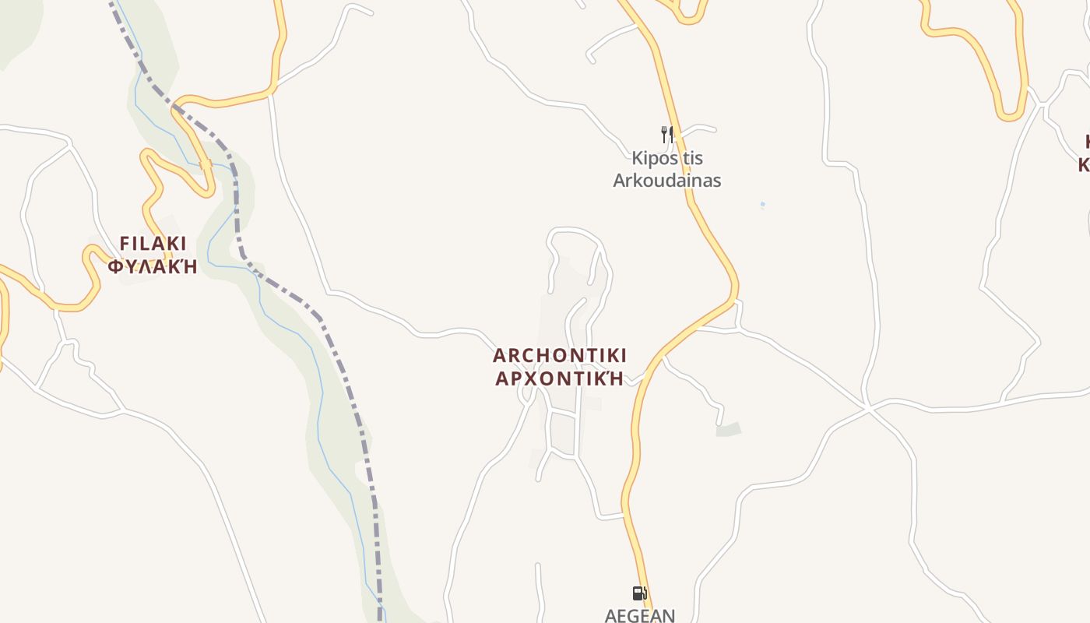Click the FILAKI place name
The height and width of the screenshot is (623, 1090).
(x=153, y=243)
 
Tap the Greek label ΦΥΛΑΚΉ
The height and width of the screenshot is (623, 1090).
(x=153, y=267)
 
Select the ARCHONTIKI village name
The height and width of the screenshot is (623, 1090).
(x=560, y=356)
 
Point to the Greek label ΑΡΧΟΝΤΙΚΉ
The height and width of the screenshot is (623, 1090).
(x=560, y=379)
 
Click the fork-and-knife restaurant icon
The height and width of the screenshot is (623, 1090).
(x=666, y=135)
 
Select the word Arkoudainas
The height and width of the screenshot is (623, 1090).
(x=667, y=181)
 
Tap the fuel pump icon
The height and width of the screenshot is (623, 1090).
(x=639, y=593)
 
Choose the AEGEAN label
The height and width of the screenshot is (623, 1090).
(x=640, y=614)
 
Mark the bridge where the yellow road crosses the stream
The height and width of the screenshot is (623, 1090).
(x=206, y=164)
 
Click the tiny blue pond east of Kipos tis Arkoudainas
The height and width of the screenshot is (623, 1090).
(x=762, y=205)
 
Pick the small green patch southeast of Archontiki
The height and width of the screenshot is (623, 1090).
(x=729, y=429)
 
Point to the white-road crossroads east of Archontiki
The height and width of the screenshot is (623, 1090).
(x=867, y=407)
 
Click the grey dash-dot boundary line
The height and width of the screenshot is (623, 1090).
(x=343, y=366)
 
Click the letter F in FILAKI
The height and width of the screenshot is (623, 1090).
(x=124, y=243)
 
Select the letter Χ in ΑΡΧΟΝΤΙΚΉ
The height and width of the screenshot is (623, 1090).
(x=535, y=379)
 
